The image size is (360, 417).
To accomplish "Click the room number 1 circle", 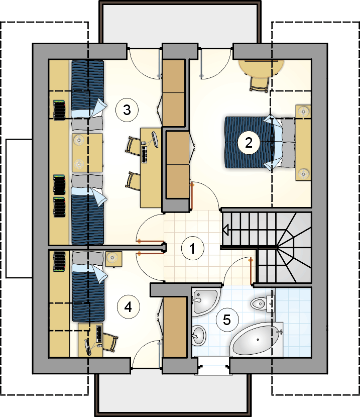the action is pyautogui.click(x=193, y=248).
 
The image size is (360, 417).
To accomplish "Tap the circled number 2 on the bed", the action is pyautogui.click(x=249, y=143).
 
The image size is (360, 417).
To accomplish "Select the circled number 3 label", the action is pyautogui.click(x=127, y=110).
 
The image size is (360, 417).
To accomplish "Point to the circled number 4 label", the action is pyautogui.click(x=129, y=307).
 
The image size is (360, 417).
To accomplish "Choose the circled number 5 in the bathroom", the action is pyautogui.click(x=227, y=320).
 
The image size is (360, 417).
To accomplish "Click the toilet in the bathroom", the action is pyautogui.click(x=263, y=303).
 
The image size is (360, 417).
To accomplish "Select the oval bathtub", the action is pyautogui.click(x=256, y=339).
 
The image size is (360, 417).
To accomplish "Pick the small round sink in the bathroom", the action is pyautogui.click(x=199, y=335).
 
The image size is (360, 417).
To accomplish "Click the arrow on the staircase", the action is pyautogui.click(x=226, y=230).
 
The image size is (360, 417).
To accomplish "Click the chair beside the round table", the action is pyautogui.click(x=259, y=85).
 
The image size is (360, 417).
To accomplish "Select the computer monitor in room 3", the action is pyautogui.click(x=155, y=140).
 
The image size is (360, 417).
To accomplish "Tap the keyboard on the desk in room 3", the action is pyautogui.click(x=145, y=155).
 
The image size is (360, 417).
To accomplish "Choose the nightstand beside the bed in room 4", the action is pyautogui.click(x=113, y=259).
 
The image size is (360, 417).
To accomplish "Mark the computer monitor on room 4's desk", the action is pyautogui.click(x=88, y=347).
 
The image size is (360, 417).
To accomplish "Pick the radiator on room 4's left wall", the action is pyautogui.click(x=60, y=262).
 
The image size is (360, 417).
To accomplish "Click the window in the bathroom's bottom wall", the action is pyautogui.click(x=214, y=366).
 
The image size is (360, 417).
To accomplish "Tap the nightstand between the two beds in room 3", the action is pyautogui.click(x=87, y=152).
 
